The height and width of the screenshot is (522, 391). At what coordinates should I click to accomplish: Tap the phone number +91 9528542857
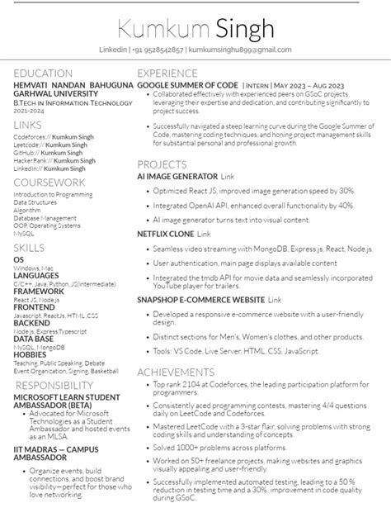pos(158,50)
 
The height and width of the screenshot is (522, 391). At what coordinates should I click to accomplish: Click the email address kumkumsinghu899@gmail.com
pos(240,50)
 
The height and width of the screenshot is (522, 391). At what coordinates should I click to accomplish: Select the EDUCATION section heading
pos(43,74)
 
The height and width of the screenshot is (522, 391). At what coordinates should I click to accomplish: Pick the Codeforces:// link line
pos(49,136)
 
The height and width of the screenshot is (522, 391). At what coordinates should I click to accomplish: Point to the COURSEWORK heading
pos(49,182)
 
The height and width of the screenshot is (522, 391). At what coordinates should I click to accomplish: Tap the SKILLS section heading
pos(30,247)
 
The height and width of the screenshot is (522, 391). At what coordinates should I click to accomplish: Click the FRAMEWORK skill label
pos(39,291)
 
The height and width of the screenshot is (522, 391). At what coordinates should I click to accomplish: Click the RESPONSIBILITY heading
pos(54,386)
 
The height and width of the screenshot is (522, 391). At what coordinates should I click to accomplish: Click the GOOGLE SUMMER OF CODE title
pos(187,86)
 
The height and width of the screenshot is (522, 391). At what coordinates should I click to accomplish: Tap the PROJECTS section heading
pos(163,164)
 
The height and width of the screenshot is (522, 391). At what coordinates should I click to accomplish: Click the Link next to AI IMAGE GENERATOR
pos(228,177)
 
